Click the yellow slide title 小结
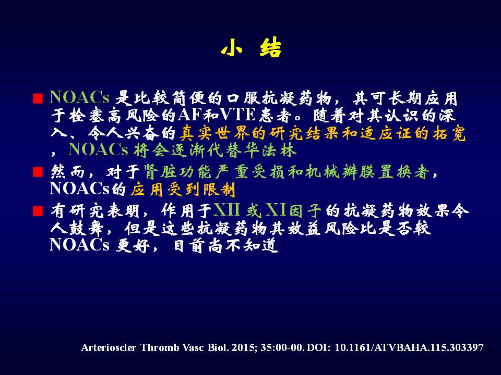[251, 48]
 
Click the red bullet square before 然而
[38, 172]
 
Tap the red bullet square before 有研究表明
[38, 211]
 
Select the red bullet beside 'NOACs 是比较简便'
[38, 98]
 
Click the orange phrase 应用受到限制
[183, 190]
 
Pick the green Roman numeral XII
[226, 210]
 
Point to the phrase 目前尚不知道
[226, 245]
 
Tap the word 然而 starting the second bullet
[68, 172]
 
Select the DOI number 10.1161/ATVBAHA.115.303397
[409, 347]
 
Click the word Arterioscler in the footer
[109, 347]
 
